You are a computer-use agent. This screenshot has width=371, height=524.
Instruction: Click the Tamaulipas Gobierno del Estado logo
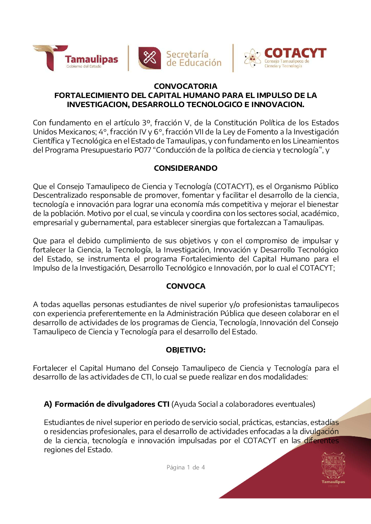75,58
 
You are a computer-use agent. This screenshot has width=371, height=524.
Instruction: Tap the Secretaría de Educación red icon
149,58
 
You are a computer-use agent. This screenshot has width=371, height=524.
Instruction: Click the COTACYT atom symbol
252,58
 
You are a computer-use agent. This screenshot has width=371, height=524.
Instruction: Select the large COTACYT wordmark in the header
295,53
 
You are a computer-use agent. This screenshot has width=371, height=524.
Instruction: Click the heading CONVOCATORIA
185,86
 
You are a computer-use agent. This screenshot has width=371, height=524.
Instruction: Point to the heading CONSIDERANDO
185,168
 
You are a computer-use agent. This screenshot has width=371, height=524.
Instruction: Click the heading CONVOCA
185,286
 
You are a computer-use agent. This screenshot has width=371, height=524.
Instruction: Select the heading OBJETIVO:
185,350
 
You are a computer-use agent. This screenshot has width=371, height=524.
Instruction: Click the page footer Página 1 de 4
185,467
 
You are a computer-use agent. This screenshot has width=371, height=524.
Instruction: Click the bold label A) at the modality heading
48,404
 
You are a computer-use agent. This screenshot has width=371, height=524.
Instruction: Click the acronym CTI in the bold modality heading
163,404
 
